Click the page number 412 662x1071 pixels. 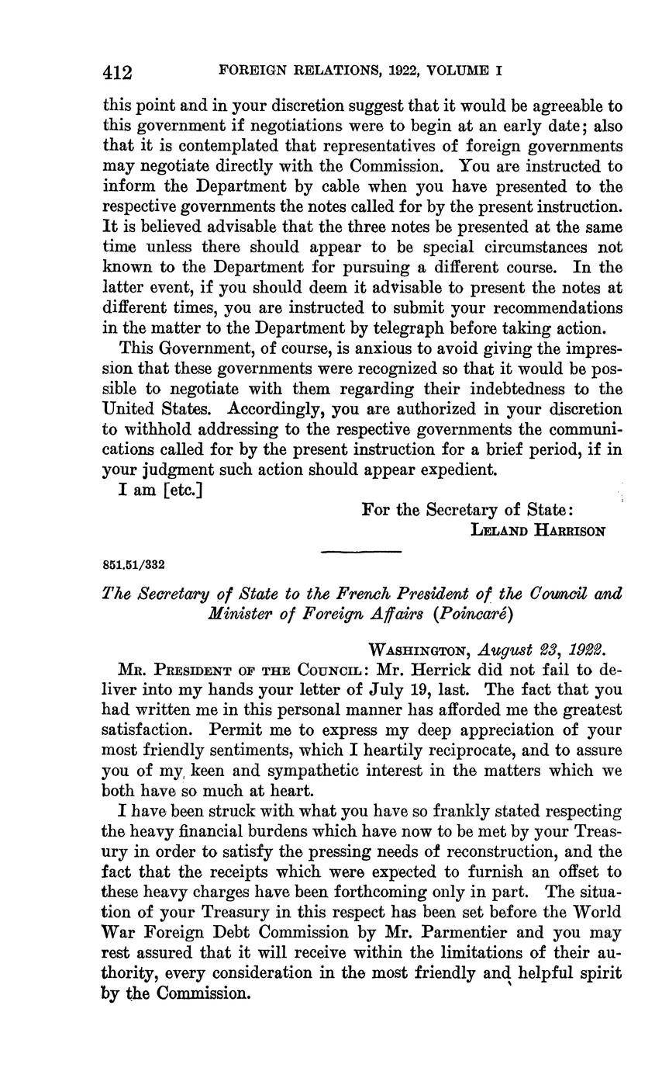coord(118,73)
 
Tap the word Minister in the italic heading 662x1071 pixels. coord(237,614)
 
